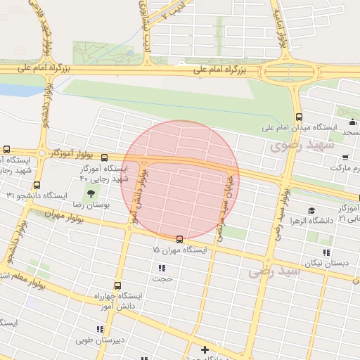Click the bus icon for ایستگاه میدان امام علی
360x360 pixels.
tap(300, 117)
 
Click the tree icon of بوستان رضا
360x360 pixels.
tap(91, 193)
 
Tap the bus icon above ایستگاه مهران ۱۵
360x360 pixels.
tap(180, 239)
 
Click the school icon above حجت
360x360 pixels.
tap(162, 268)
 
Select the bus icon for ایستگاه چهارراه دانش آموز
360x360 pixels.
tap(117, 286)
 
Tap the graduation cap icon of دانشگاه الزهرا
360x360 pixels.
tap(311, 210)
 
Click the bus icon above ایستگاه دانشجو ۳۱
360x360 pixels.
tap(37, 186)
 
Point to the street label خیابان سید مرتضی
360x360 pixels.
tap(224, 203)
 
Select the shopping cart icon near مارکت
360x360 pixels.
tap(345, 157)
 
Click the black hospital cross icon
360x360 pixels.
tap(205, 349)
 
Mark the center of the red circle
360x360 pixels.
tap(180, 180)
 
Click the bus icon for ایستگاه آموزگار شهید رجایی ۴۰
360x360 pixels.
tap(105, 157)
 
